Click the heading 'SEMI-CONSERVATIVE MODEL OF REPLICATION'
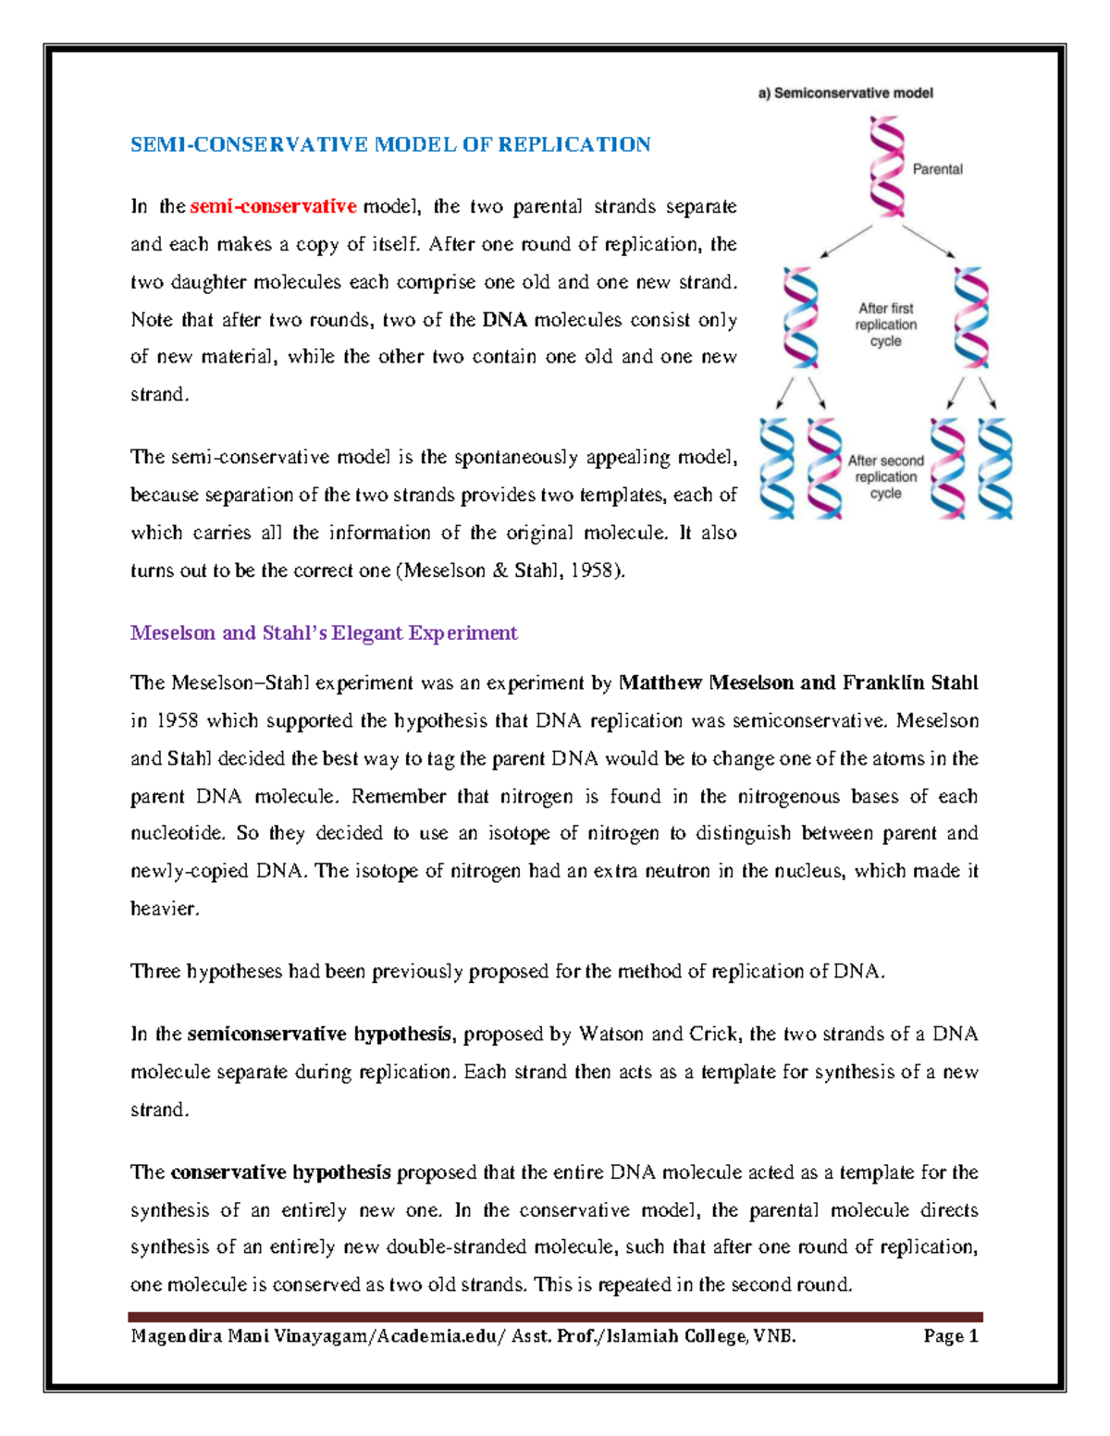pos(389,144)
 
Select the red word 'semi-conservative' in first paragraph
pos(273,206)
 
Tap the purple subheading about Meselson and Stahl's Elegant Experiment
pos(324,633)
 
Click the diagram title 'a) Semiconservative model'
pos(845,92)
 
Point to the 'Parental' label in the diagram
pos(937,169)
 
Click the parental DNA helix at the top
pos(885,166)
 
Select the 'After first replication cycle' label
pos(885,325)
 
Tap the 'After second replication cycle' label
pos(885,477)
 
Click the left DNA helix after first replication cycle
pos(801,317)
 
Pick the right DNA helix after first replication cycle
pos(970,317)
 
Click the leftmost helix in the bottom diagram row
pos(777,468)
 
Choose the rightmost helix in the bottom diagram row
pos(995,468)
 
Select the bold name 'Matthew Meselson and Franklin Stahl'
pos(797,683)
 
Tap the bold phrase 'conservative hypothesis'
pos(280,1172)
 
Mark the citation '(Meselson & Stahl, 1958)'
pos(511,571)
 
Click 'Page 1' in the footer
pos(951,1336)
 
